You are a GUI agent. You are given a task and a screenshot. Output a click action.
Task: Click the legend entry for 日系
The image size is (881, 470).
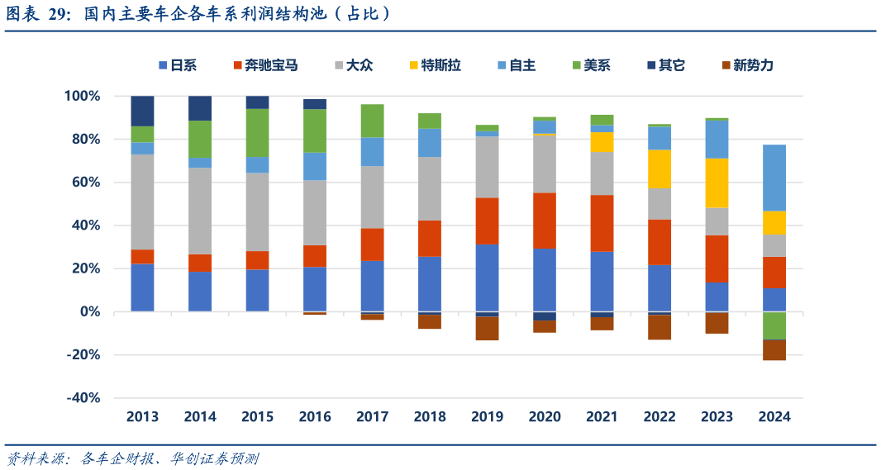pos(177,65)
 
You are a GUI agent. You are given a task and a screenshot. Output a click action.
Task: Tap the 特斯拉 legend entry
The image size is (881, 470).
pos(434,65)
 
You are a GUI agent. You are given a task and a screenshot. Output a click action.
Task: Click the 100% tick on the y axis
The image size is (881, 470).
pos(82,97)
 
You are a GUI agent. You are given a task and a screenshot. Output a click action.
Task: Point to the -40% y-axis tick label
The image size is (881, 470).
pos(82,398)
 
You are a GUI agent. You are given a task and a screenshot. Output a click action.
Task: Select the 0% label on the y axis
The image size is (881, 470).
pos(89,312)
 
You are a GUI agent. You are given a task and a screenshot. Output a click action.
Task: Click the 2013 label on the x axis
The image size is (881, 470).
pos(142,417)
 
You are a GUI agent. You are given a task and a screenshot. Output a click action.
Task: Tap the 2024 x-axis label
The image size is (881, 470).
pos(774,417)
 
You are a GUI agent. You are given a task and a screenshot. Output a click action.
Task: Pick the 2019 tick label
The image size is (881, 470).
pos(487,417)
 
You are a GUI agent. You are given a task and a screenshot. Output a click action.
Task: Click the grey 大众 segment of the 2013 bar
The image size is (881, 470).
pos(142,202)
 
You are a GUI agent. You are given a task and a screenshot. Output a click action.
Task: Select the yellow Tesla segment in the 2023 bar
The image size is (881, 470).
pos(717,183)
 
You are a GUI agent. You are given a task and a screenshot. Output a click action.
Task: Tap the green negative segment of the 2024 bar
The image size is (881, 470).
pos(774,325)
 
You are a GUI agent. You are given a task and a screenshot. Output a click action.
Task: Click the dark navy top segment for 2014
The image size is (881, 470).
pos(200,107)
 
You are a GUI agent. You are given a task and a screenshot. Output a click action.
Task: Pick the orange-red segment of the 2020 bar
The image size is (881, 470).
pos(545,221)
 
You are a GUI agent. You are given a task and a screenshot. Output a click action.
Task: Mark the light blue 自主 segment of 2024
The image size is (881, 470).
pos(774,178)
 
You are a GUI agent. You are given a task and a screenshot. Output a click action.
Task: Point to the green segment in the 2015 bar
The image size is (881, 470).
pos(257,132)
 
